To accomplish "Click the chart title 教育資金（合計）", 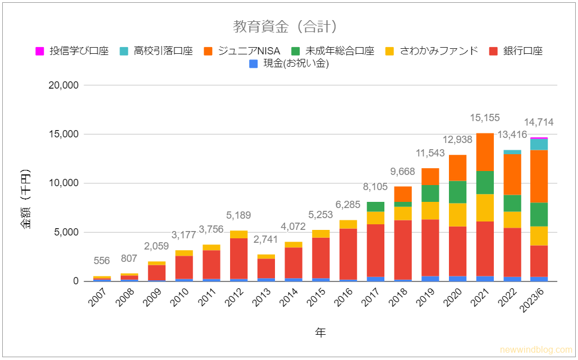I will click(285, 26).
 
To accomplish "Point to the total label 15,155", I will click(483, 118).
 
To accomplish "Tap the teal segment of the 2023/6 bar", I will click(539, 144).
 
